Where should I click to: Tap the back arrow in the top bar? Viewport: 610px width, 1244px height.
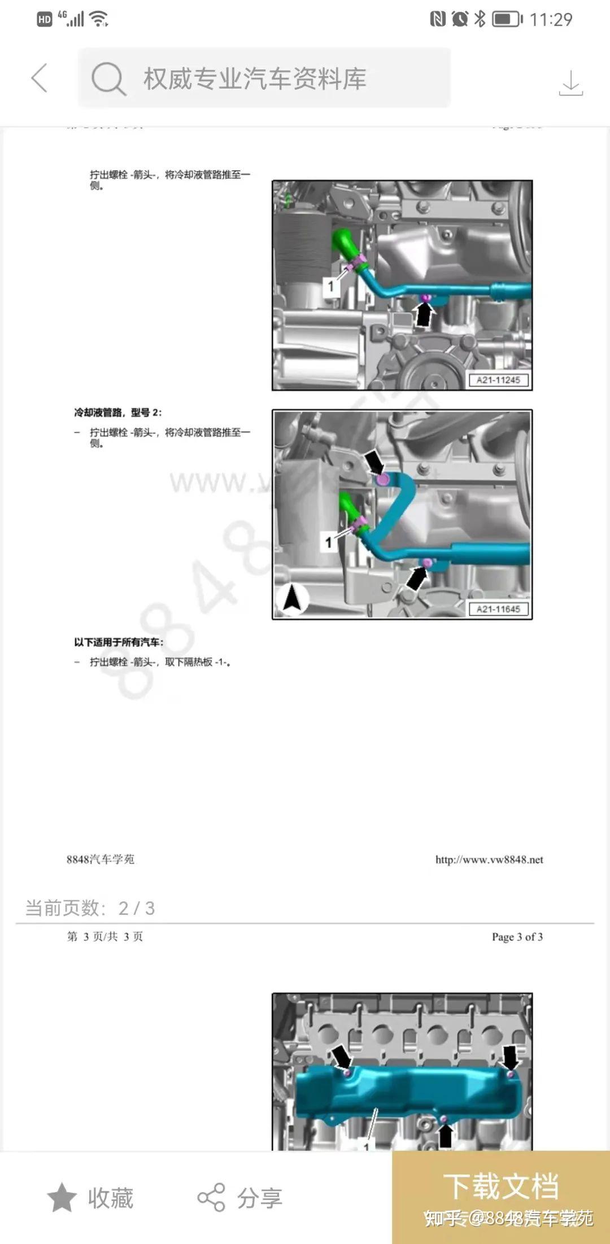pyautogui.click(x=39, y=78)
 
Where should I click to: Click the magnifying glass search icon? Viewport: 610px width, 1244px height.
pyautogui.click(x=108, y=78)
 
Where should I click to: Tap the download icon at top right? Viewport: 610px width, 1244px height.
pyautogui.click(x=570, y=84)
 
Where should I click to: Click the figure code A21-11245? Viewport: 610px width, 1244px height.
pyautogui.click(x=498, y=380)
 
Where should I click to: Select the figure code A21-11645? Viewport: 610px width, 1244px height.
pyautogui.click(x=498, y=609)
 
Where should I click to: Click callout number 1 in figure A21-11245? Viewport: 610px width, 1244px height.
pyautogui.click(x=330, y=287)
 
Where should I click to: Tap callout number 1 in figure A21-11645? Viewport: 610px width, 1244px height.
pyautogui.click(x=328, y=543)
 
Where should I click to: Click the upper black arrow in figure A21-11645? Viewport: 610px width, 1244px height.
pyautogui.click(x=373, y=462)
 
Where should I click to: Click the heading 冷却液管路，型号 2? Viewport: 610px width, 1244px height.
pyautogui.click(x=117, y=413)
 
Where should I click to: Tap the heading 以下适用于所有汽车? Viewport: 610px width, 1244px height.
pyautogui.click(x=119, y=642)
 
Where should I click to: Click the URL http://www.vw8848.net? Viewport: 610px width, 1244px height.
pyautogui.click(x=489, y=860)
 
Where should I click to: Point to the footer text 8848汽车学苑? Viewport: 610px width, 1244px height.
pyautogui.click(x=101, y=860)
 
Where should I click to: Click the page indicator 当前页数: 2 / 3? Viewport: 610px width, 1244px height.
pyautogui.click(x=90, y=908)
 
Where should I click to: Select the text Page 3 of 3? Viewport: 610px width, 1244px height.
pyautogui.click(x=517, y=937)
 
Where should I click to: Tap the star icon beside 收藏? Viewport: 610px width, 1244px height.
pyautogui.click(x=62, y=1198)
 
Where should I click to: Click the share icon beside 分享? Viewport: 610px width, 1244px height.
pyautogui.click(x=211, y=1198)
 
